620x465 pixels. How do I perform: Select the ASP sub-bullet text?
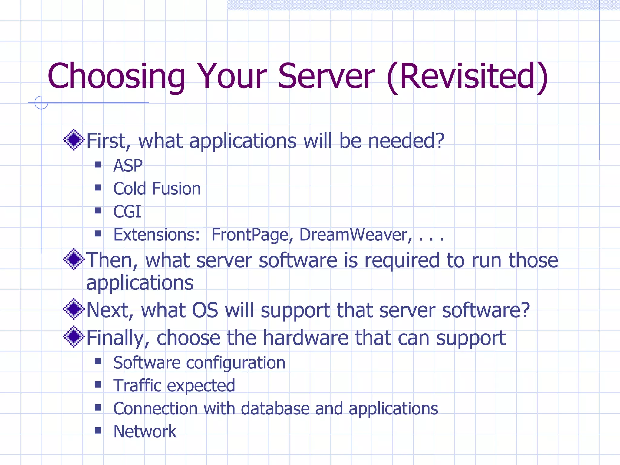128,166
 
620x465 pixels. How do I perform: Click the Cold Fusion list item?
157,189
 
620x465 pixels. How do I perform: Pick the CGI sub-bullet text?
127,212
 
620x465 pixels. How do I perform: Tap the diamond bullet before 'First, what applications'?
74,140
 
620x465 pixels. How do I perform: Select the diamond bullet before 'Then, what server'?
74,259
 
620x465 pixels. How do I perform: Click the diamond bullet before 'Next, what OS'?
74,309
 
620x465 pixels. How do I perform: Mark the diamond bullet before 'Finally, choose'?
74,337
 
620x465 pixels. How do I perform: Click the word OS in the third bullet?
205,310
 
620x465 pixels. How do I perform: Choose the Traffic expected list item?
174,386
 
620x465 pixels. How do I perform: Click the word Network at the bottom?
145,432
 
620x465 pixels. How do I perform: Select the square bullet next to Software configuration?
98,361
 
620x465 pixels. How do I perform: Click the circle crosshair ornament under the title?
41,103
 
